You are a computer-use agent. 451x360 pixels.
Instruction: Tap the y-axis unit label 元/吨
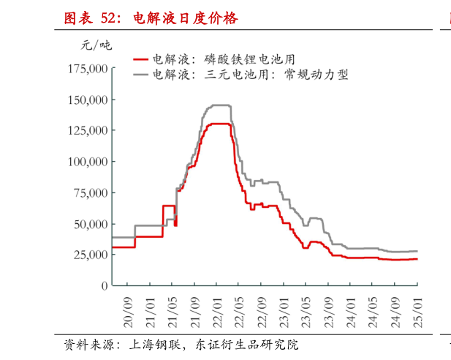pyautogui.click(x=96, y=45)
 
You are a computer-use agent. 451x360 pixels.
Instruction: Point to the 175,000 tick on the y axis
pyautogui.click(x=87, y=69)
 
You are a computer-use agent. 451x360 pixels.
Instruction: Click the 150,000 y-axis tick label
pyautogui.click(x=87, y=100)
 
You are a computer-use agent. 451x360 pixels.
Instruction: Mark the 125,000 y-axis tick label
pyautogui.click(x=87, y=130)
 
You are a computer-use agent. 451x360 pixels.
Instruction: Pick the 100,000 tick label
pyautogui.click(x=87, y=162)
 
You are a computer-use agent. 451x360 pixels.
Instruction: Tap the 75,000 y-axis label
pyautogui.click(x=90, y=192)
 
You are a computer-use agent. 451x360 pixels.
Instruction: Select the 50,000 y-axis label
pyautogui.click(x=90, y=224)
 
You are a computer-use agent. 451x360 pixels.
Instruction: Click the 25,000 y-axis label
pyautogui.click(x=90, y=255)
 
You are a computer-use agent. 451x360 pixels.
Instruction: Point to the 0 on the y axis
pyautogui.click(x=105, y=285)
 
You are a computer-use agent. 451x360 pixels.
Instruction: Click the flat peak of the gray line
pyautogui.click(x=219, y=105)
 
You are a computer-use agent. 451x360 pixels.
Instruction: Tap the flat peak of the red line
pyautogui.click(x=219, y=124)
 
